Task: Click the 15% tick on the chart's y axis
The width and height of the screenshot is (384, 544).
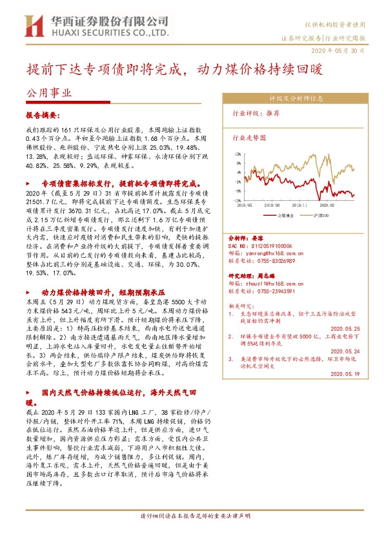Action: click(x=238, y=154)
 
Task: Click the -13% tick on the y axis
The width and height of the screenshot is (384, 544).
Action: click(x=238, y=200)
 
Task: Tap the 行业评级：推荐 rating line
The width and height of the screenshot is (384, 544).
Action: click(x=256, y=112)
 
